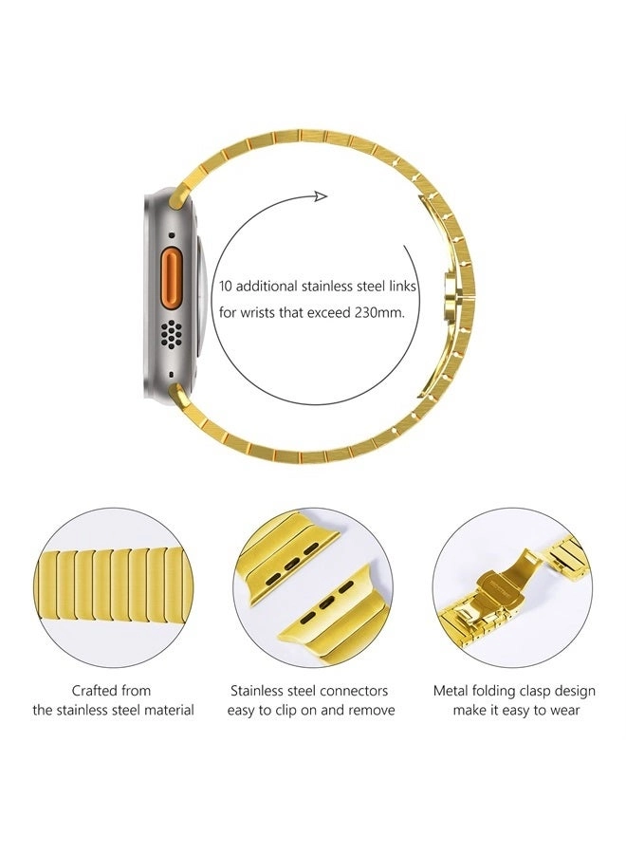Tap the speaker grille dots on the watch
171,332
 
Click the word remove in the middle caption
371,710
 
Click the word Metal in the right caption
451,690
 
